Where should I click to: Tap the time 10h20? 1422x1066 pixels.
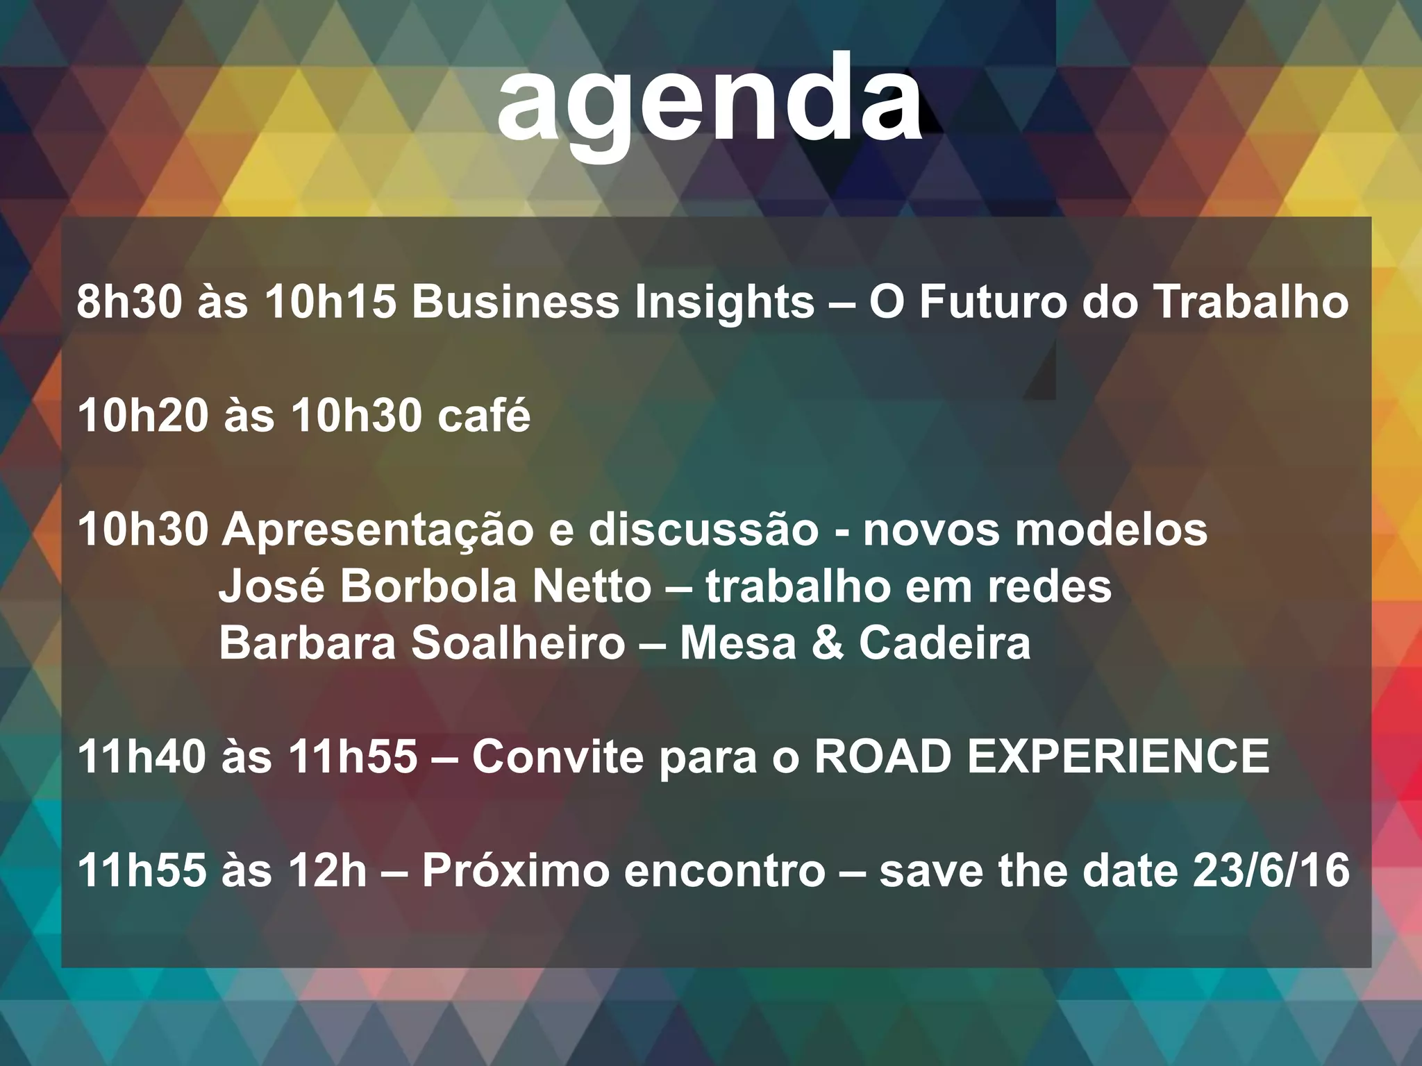coord(143,416)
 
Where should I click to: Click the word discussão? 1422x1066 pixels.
coord(703,530)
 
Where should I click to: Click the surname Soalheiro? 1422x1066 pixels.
coord(518,643)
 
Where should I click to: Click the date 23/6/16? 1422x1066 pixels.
coord(1271,870)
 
